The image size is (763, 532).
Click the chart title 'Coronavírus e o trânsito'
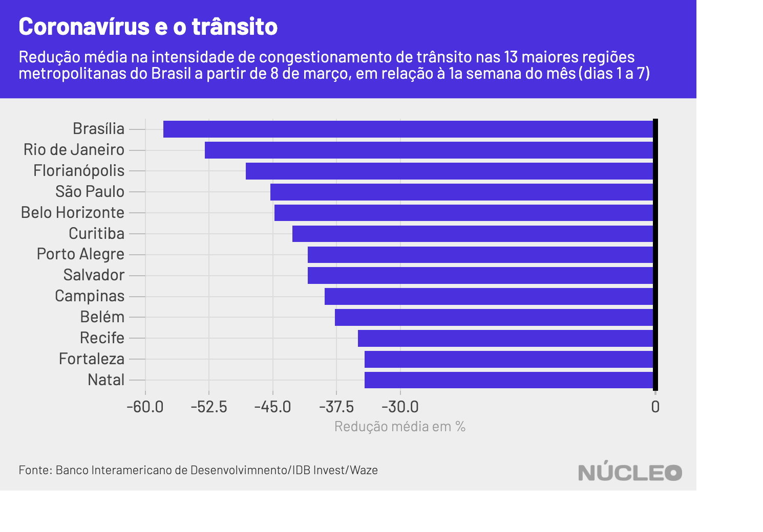tap(148, 27)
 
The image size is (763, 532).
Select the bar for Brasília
tap(408, 129)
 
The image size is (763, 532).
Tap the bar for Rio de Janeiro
tap(429, 150)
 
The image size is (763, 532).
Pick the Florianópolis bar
tap(449, 171)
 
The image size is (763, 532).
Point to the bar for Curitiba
tap(473, 234)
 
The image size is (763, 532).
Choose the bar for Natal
tap(508, 380)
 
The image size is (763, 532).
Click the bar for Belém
tap(494, 317)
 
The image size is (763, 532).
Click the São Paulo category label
tap(90, 192)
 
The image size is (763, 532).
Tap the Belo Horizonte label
tap(73, 213)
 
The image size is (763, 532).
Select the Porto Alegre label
tap(80, 254)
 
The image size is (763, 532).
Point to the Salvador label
tap(94, 275)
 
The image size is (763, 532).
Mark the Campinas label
tap(90, 296)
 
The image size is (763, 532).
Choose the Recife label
tap(102, 338)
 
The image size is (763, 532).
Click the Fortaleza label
tap(92, 359)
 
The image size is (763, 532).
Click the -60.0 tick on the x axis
tap(145, 407)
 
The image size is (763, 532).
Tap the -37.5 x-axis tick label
tap(336, 407)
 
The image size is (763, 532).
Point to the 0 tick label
tap(655, 407)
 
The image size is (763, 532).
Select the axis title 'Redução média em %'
tap(399, 427)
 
